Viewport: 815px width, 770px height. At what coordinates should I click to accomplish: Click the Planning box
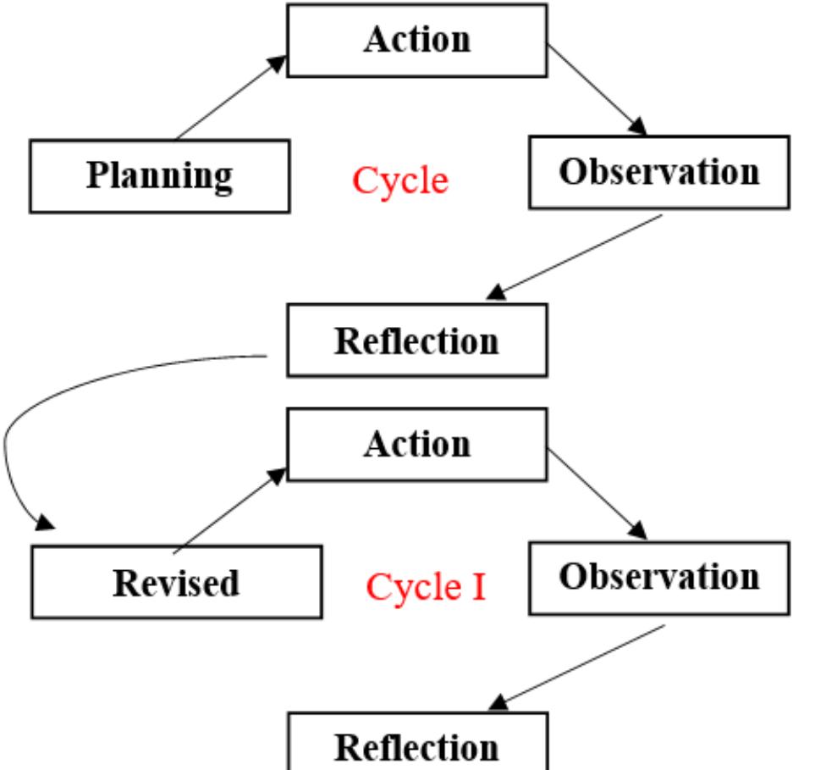159,176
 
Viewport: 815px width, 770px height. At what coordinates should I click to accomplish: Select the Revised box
176,582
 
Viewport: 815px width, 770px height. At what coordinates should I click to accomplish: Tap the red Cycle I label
426,585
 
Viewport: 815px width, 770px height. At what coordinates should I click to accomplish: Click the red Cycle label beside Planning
399,180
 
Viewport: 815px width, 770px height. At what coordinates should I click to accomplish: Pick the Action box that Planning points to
416,40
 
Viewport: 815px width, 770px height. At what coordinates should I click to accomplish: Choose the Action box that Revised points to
416,445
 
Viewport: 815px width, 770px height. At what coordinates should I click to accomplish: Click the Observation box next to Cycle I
658,578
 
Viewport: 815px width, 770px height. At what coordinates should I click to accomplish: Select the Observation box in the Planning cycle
658,172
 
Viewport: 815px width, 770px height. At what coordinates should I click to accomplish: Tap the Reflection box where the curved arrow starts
416,341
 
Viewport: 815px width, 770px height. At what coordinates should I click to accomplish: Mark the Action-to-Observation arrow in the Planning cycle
597,89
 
